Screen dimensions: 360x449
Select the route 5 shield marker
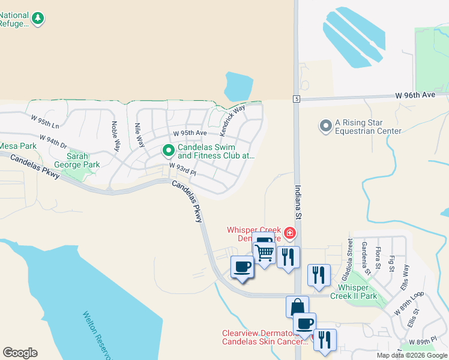pos(297,98)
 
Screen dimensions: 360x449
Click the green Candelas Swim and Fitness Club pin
pos(169,151)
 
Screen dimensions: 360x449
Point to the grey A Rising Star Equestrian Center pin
pos(326,126)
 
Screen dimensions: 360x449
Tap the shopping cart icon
pos(265,253)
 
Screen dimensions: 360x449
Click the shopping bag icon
pos(297,307)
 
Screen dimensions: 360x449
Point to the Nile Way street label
pos(139,135)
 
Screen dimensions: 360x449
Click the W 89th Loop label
pos(409,304)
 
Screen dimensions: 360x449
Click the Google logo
pos(20,353)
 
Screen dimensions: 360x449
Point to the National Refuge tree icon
pos(38,19)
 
